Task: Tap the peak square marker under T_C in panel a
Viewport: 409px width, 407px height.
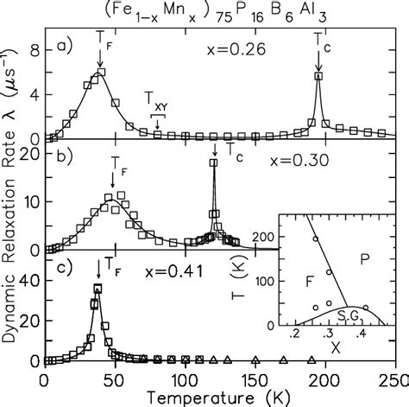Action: coord(318,76)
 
